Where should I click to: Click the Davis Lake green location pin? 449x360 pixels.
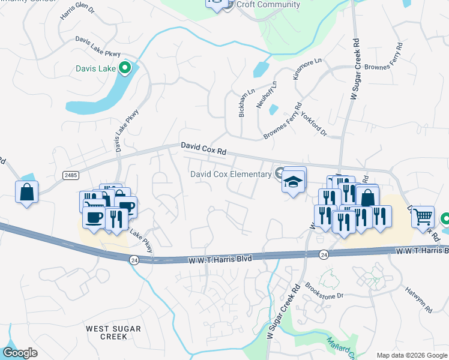click(x=125, y=68)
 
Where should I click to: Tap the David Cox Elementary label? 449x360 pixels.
click(x=231, y=175)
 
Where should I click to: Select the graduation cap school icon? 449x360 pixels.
click(x=294, y=182)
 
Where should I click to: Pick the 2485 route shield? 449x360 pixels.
click(x=70, y=175)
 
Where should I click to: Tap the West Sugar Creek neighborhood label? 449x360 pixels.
click(x=113, y=332)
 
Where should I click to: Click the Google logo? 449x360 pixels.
click(x=20, y=353)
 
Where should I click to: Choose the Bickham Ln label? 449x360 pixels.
click(x=243, y=104)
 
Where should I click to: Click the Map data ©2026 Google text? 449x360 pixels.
click(x=411, y=355)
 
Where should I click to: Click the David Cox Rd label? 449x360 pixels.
click(x=203, y=148)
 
